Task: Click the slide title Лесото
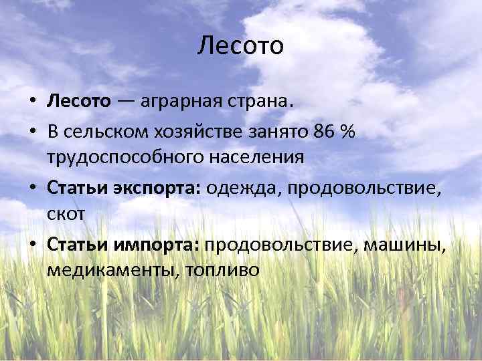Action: pyautogui.click(x=241, y=46)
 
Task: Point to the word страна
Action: pyautogui.click(x=261, y=103)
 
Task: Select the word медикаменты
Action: pyautogui.click(x=107, y=271)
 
